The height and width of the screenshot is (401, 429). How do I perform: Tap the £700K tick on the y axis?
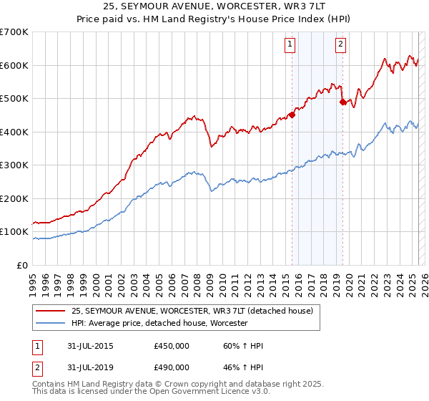[14, 32]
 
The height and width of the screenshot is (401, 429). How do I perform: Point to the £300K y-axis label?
[14, 165]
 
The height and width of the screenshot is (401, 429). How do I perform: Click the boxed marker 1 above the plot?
[290, 44]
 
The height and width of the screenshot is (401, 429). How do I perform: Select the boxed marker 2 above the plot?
[340, 44]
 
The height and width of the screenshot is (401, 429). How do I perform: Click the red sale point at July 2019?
[342, 102]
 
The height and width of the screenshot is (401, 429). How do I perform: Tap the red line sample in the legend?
[50, 311]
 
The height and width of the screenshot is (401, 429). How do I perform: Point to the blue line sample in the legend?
[50, 324]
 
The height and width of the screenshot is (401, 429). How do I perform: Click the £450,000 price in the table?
[172, 346]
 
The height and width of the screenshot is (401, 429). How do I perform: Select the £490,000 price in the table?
[172, 367]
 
